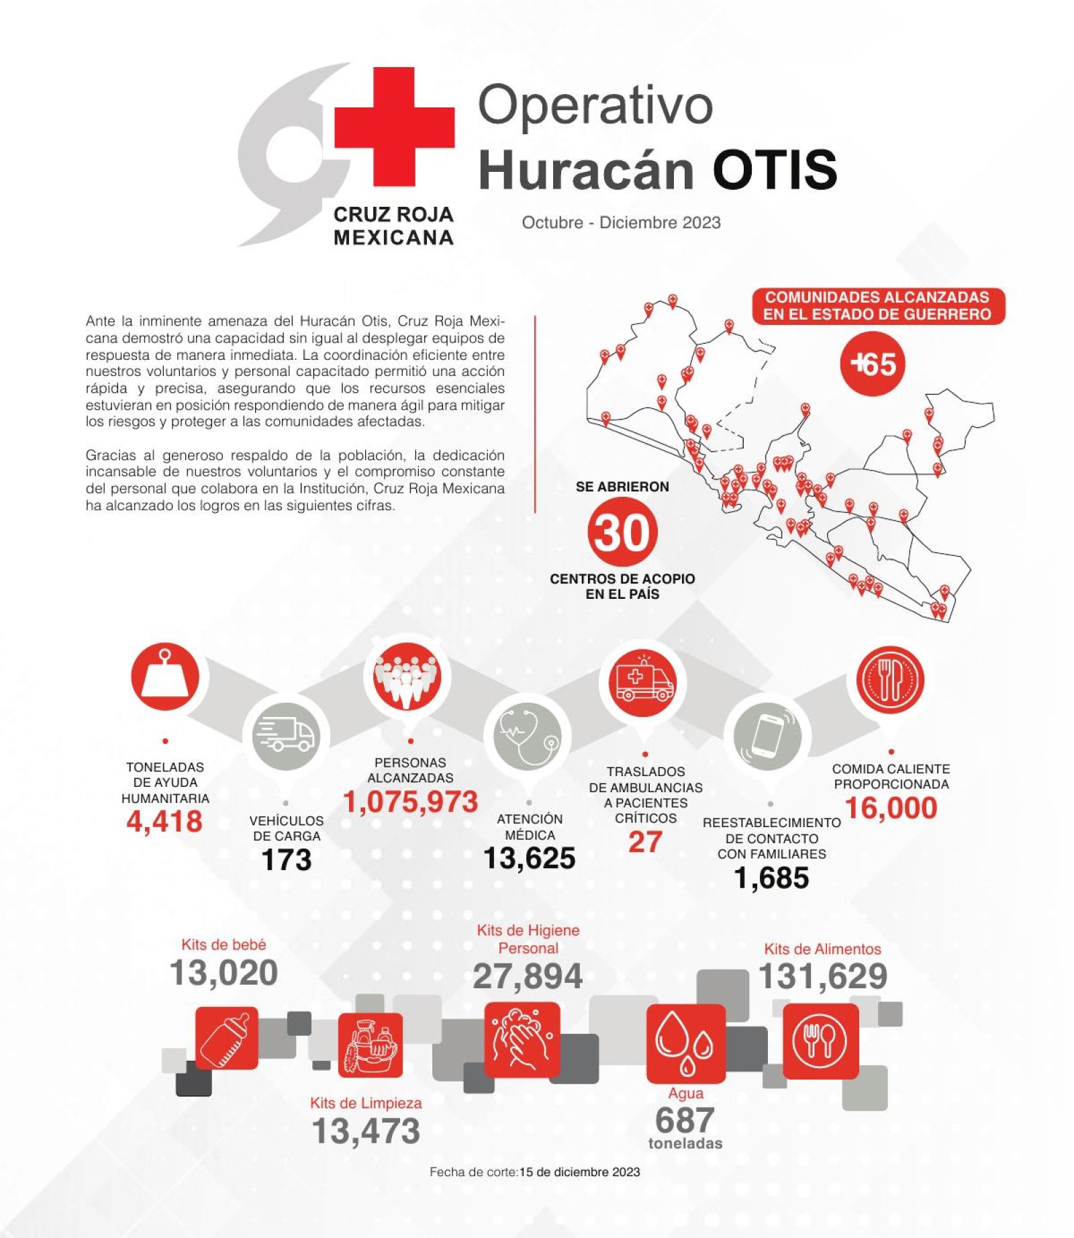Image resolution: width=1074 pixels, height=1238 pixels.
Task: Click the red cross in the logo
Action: pyautogui.click(x=394, y=126)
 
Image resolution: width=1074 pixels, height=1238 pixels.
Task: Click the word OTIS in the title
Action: pyautogui.click(x=775, y=169)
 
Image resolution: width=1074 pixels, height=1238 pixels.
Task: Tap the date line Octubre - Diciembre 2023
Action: pyautogui.click(x=621, y=223)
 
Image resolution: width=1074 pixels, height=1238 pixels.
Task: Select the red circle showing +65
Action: pyautogui.click(x=873, y=364)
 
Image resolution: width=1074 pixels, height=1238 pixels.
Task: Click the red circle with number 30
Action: pyautogui.click(x=622, y=533)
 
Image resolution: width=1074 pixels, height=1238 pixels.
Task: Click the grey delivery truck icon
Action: pyautogui.click(x=286, y=735)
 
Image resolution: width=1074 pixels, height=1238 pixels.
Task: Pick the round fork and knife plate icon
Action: pyautogui.click(x=890, y=679)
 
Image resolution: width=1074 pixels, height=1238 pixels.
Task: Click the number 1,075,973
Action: pyautogui.click(x=410, y=802)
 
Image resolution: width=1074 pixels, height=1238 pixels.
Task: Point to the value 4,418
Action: pyautogui.click(x=164, y=822)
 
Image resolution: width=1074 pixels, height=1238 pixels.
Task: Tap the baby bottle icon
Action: pyautogui.click(x=226, y=1038)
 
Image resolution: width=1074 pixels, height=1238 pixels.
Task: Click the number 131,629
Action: pyautogui.click(x=822, y=976)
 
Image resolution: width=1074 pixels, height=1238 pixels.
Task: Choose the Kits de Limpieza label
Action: pyautogui.click(x=366, y=1103)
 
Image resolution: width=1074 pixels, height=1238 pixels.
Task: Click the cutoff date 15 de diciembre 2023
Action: pyautogui.click(x=579, y=1172)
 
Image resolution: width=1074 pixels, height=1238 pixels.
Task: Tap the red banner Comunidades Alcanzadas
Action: pyautogui.click(x=877, y=306)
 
